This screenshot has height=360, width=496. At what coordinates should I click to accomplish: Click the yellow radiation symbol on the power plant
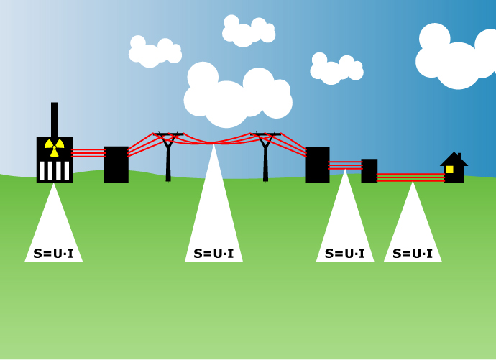54,147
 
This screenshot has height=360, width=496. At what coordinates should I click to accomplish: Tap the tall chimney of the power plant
55,119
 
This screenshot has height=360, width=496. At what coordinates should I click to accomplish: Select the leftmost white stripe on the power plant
42,170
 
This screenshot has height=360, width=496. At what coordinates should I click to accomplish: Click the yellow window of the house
449,170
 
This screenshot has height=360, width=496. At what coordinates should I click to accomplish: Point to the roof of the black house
454,160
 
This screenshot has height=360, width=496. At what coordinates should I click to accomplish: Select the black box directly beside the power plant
116,165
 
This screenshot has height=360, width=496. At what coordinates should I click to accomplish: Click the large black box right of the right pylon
317,165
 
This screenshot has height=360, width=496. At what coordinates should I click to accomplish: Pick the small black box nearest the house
369,171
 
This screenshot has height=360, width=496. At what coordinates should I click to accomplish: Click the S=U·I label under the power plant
53,254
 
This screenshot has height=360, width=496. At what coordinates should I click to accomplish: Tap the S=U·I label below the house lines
413,254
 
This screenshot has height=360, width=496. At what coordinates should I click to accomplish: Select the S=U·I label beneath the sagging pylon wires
213,254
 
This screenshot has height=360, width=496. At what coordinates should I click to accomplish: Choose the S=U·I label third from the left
344,254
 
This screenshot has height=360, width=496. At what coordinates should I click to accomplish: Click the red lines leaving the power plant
88,153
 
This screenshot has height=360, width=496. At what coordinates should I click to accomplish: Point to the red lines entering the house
410,177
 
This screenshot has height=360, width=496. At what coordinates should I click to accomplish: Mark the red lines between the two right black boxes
345,165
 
